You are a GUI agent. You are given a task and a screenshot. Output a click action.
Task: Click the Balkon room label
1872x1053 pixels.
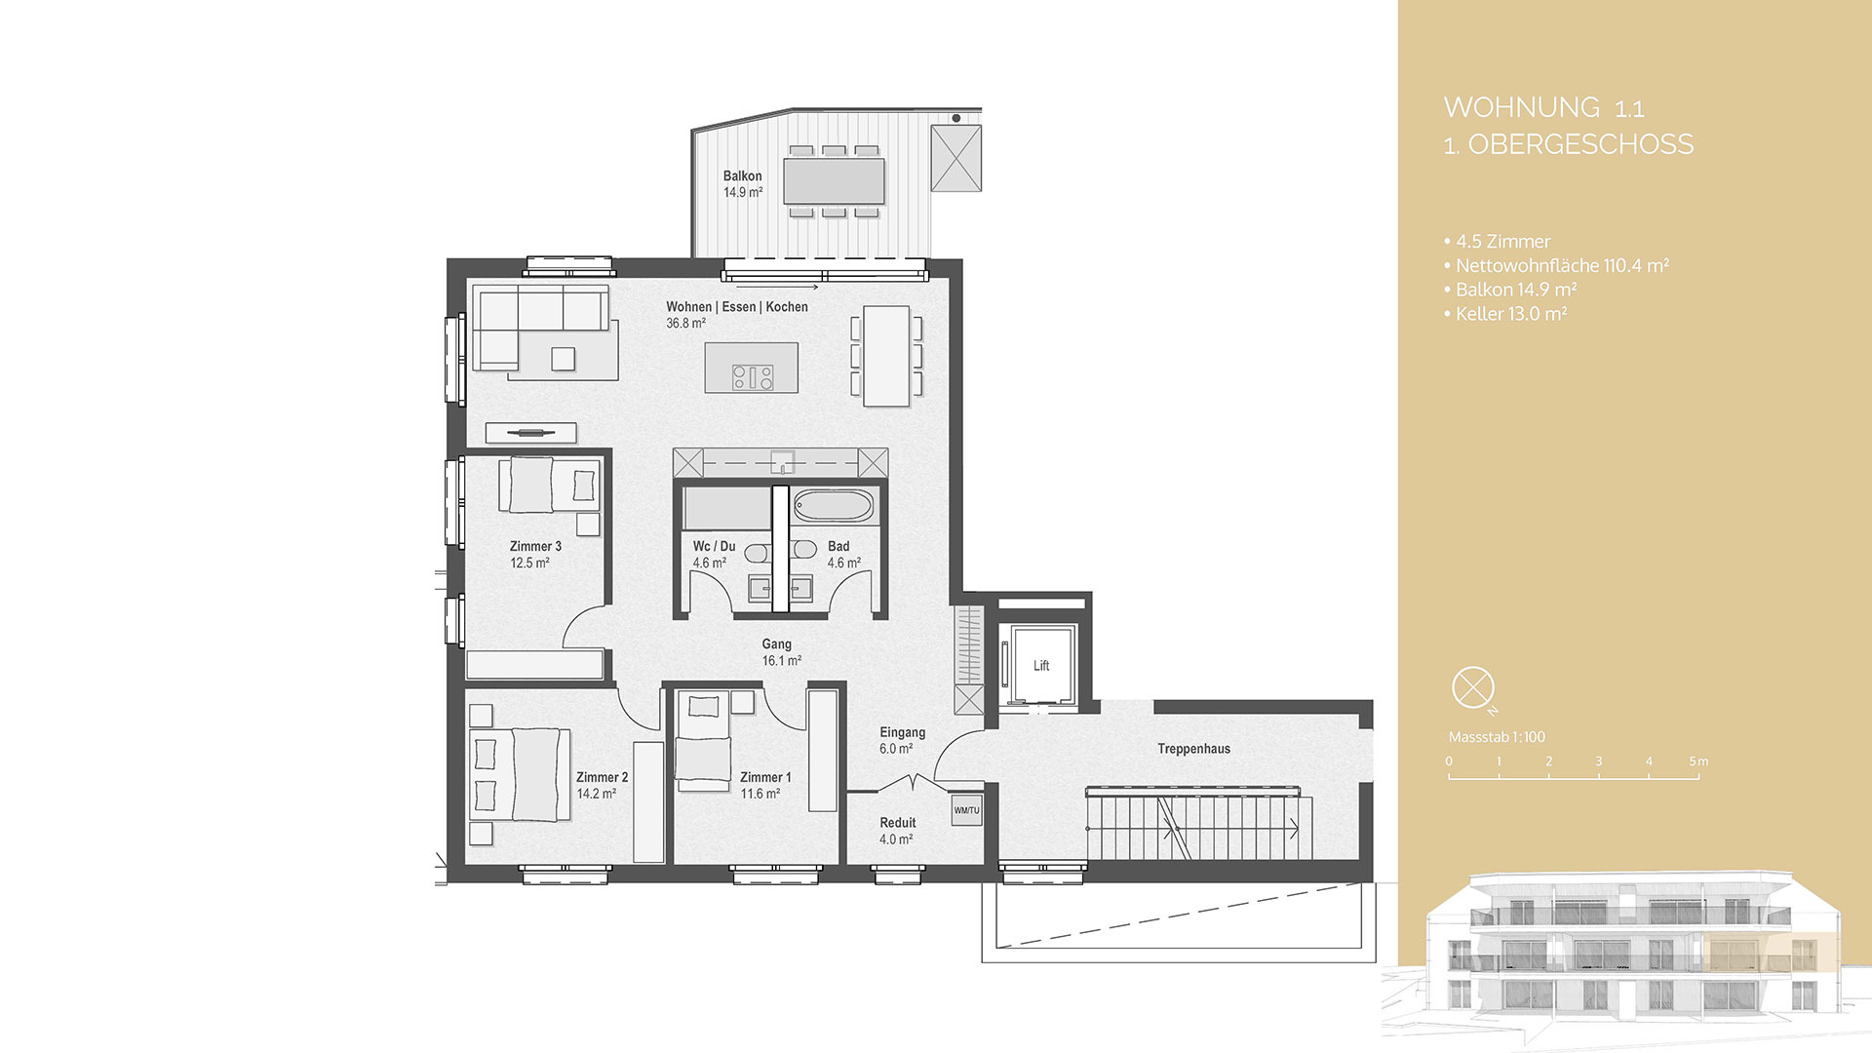click(x=742, y=176)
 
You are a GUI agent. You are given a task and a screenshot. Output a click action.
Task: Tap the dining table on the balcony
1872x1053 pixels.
click(x=834, y=180)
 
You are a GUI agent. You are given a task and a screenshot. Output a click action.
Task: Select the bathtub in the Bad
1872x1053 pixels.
click(x=834, y=506)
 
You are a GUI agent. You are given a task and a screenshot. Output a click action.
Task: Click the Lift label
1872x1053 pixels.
click(x=1041, y=666)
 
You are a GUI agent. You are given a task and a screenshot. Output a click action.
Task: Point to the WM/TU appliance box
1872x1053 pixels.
click(x=966, y=810)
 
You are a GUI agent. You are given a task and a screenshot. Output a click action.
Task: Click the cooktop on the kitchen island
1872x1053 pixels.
click(x=753, y=376)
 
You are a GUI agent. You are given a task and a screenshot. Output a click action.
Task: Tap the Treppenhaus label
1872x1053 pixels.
click(x=1193, y=749)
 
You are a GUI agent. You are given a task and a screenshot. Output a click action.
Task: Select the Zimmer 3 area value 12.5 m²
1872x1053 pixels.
click(x=529, y=563)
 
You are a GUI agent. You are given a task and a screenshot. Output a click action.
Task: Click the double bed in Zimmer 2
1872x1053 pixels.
click(x=520, y=775)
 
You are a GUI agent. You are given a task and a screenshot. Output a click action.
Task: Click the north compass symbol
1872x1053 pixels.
click(x=1472, y=687)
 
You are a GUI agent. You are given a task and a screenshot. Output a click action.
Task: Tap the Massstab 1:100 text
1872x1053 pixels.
click(x=1497, y=737)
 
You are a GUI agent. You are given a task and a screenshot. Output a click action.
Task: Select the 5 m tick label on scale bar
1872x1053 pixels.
click(x=1698, y=761)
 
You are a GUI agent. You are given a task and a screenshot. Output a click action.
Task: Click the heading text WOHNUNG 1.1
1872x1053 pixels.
click(x=1543, y=107)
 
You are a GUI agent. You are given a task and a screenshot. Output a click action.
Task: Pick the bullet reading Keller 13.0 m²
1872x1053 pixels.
click(x=1510, y=314)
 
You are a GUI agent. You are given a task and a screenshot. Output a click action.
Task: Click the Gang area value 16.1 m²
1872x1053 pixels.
click(x=781, y=660)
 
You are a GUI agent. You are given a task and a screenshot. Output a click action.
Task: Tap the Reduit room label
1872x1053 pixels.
click(x=897, y=823)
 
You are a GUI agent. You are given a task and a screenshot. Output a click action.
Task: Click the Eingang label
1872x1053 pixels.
click(x=902, y=732)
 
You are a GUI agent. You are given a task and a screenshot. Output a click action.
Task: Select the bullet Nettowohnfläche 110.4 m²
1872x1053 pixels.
click(x=1561, y=265)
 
